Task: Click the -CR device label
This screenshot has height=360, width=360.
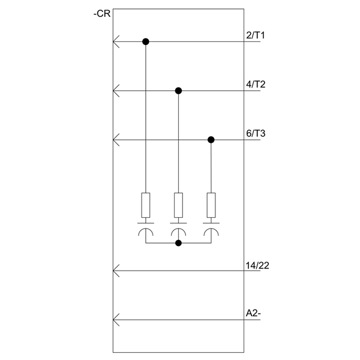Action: click(x=102, y=14)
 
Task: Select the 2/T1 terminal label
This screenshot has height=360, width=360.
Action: click(x=256, y=35)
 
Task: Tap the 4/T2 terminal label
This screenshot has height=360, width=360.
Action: click(x=256, y=85)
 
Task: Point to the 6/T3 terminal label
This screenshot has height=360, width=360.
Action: click(x=256, y=133)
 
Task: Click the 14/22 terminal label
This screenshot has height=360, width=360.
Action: click(x=257, y=266)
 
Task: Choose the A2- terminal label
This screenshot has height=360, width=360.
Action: click(x=253, y=313)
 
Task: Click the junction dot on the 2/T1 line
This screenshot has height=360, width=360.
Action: click(x=146, y=41)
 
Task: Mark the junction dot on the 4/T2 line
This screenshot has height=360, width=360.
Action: click(x=178, y=91)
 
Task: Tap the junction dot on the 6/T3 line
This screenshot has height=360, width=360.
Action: click(x=211, y=140)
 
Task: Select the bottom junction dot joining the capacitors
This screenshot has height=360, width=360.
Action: click(x=178, y=243)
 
